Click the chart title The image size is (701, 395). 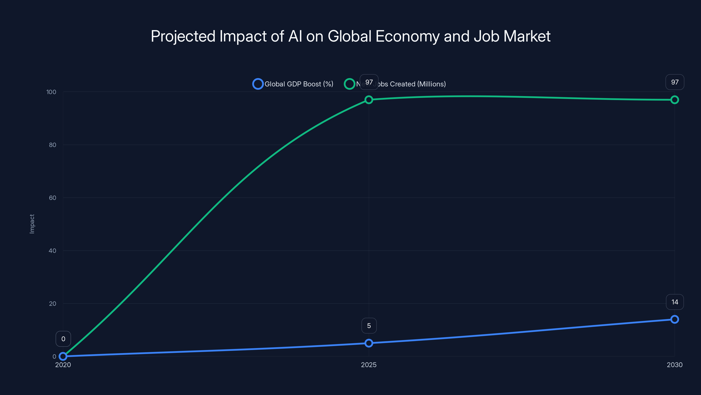(350, 36)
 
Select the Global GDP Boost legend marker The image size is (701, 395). (258, 84)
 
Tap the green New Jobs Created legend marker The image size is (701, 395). (349, 84)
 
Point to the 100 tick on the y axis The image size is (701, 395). (51, 92)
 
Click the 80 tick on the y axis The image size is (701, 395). (53, 145)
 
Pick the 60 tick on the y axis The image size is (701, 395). (53, 198)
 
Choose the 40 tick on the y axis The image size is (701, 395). (53, 251)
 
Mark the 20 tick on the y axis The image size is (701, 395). (53, 303)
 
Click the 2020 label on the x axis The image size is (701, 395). (63, 365)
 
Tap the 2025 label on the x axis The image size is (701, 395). (369, 365)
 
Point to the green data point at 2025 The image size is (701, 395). (369, 100)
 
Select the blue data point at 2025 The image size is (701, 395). (369, 343)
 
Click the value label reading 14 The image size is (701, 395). (675, 302)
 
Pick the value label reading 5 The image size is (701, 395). (369, 326)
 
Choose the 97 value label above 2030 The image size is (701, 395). (675, 82)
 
